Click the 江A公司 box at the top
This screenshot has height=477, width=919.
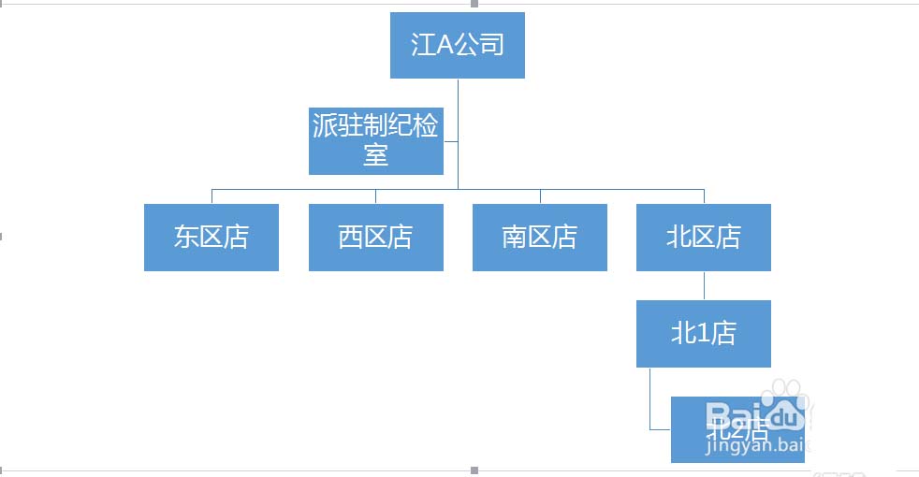[457, 45]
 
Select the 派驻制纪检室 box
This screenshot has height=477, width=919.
[375, 140]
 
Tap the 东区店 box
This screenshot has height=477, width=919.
[212, 238]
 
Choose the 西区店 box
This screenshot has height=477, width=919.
[375, 238]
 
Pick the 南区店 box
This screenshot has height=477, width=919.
[539, 238]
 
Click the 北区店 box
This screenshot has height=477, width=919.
[703, 238]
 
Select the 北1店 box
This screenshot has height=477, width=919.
[703, 333]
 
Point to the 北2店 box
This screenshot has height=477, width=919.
[737, 429]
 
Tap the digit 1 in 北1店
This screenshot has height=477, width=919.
[703, 334]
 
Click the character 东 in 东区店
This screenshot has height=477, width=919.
[186, 238]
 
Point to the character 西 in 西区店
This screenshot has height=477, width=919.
[350, 238]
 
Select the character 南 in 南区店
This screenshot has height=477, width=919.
[514, 238]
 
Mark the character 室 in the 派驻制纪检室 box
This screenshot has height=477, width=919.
[375, 154]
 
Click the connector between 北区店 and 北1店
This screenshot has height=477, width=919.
[704, 285]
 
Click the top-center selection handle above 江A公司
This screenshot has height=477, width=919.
[474, 4]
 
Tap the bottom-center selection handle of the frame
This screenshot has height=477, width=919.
[474, 470]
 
